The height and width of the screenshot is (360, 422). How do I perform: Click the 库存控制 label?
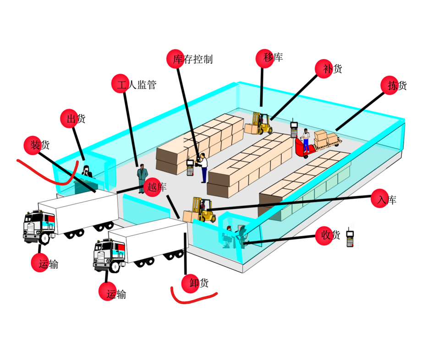(x=192, y=59)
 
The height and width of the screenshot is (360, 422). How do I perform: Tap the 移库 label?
(x=273, y=58)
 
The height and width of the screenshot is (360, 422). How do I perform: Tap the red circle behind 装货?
(x=33, y=145)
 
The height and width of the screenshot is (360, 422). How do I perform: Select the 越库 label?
(x=156, y=187)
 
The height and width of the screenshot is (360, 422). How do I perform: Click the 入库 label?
(x=386, y=200)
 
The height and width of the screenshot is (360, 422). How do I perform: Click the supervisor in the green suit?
(x=142, y=179)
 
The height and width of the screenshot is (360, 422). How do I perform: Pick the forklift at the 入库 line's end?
(x=202, y=210)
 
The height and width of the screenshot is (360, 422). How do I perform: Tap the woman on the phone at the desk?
(x=86, y=172)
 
